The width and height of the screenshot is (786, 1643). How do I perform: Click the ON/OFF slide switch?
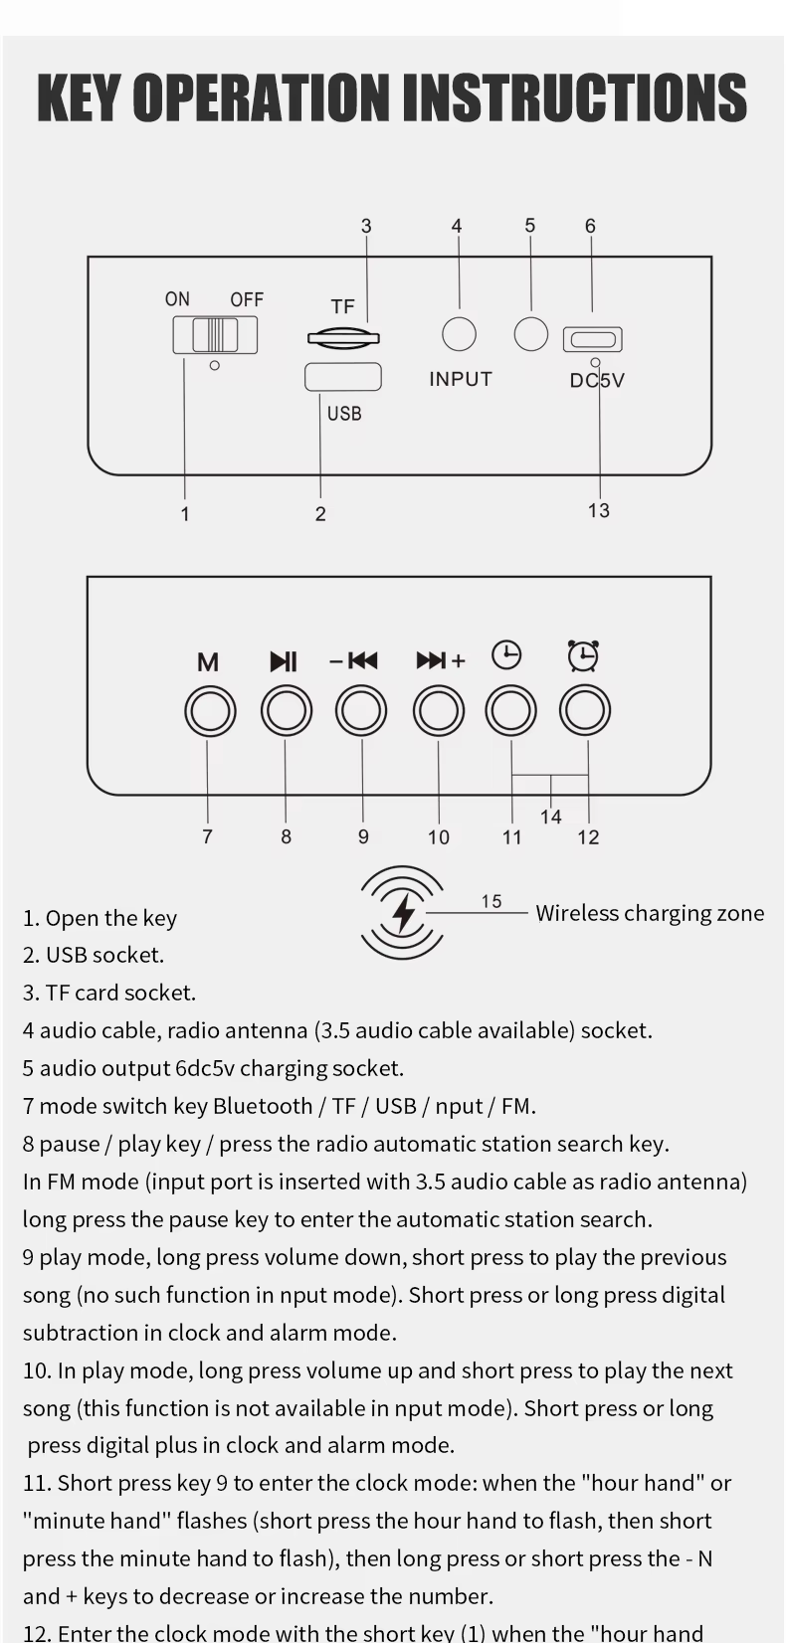click(x=215, y=335)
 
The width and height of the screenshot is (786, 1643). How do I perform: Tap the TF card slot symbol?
click(x=343, y=337)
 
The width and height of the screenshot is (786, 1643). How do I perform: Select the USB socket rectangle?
click(x=342, y=378)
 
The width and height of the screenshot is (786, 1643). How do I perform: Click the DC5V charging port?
click(x=592, y=340)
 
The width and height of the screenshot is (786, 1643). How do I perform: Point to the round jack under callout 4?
click(x=459, y=334)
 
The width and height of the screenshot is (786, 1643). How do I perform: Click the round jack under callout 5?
click(x=531, y=333)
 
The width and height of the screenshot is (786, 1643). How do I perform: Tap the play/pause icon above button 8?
click(x=284, y=661)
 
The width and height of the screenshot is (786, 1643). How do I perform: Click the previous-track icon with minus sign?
click(x=354, y=660)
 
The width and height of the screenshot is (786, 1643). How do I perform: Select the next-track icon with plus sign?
click(x=440, y=660)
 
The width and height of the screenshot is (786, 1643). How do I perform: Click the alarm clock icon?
click(x=583, y=655)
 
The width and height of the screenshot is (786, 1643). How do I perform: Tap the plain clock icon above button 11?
click(x=507, y=654)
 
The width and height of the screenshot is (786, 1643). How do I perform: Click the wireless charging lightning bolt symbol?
click(x=403, y=913)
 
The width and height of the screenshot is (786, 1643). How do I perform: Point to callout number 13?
click(x=598, y=510)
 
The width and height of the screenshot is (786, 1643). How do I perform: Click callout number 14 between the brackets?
click(x=550, y=817)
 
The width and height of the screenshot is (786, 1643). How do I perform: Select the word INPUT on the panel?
click(x=461, y=379)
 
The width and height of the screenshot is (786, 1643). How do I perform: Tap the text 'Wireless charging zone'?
click(x=650, y=913)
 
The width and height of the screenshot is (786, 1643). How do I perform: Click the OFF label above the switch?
click(x=247, y=299)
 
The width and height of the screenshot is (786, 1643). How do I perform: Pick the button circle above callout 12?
click(x=585, y=711)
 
